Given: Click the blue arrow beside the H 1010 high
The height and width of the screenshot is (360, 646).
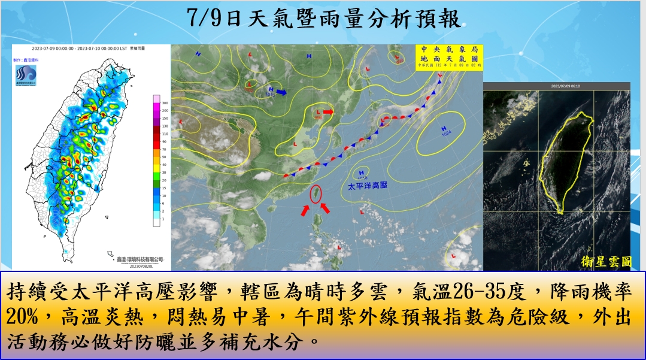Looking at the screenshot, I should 281,93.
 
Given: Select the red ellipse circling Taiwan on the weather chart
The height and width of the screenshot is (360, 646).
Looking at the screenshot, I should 316,194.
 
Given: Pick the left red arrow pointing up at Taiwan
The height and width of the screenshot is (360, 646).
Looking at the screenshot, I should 305,211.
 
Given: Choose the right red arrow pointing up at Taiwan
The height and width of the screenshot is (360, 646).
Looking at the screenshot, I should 325,208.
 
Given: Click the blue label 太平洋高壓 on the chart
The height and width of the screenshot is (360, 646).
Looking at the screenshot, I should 368,186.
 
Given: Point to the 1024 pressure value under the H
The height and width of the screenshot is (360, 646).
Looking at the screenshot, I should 446,134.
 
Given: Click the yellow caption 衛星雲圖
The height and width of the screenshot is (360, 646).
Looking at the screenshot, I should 605,261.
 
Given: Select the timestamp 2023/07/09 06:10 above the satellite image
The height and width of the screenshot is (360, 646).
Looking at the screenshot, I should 557,86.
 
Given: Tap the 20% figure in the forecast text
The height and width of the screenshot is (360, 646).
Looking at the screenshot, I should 23,315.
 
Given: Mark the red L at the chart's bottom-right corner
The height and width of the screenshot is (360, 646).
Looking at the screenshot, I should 452,256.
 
